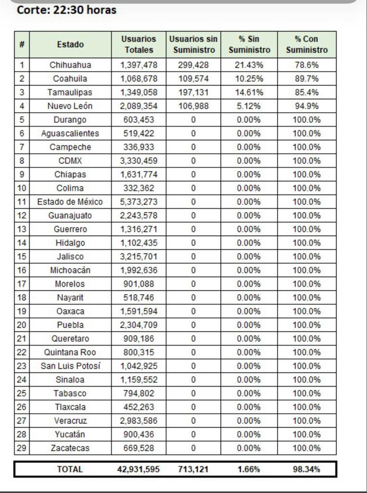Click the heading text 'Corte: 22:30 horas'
(x=66, y=10)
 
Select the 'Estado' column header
(x=70, y=44)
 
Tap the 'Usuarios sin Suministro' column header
(x=193, y=44)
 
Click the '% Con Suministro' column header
(x=306, y=44)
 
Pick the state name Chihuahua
(x=70, y=65)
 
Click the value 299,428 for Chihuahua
(x=193, y=65)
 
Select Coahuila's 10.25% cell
(x=249, y=78)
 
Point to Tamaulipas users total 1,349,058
(x=139, y=92)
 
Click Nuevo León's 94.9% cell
(x=306, y=106)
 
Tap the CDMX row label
(x=70, y=161)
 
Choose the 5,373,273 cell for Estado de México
(x=139, y=202)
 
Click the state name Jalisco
(x=70, y=257)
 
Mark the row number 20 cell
(x=22, y=325)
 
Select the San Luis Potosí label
(x=70, y=366)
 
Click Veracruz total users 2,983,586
(x=139, y=421)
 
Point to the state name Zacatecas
(x=70, y=448)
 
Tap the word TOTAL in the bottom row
(x=70, y=469)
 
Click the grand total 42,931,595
(x=139, y=469)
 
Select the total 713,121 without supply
(x=193, y=469)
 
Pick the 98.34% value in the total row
(x=306, y=469)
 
